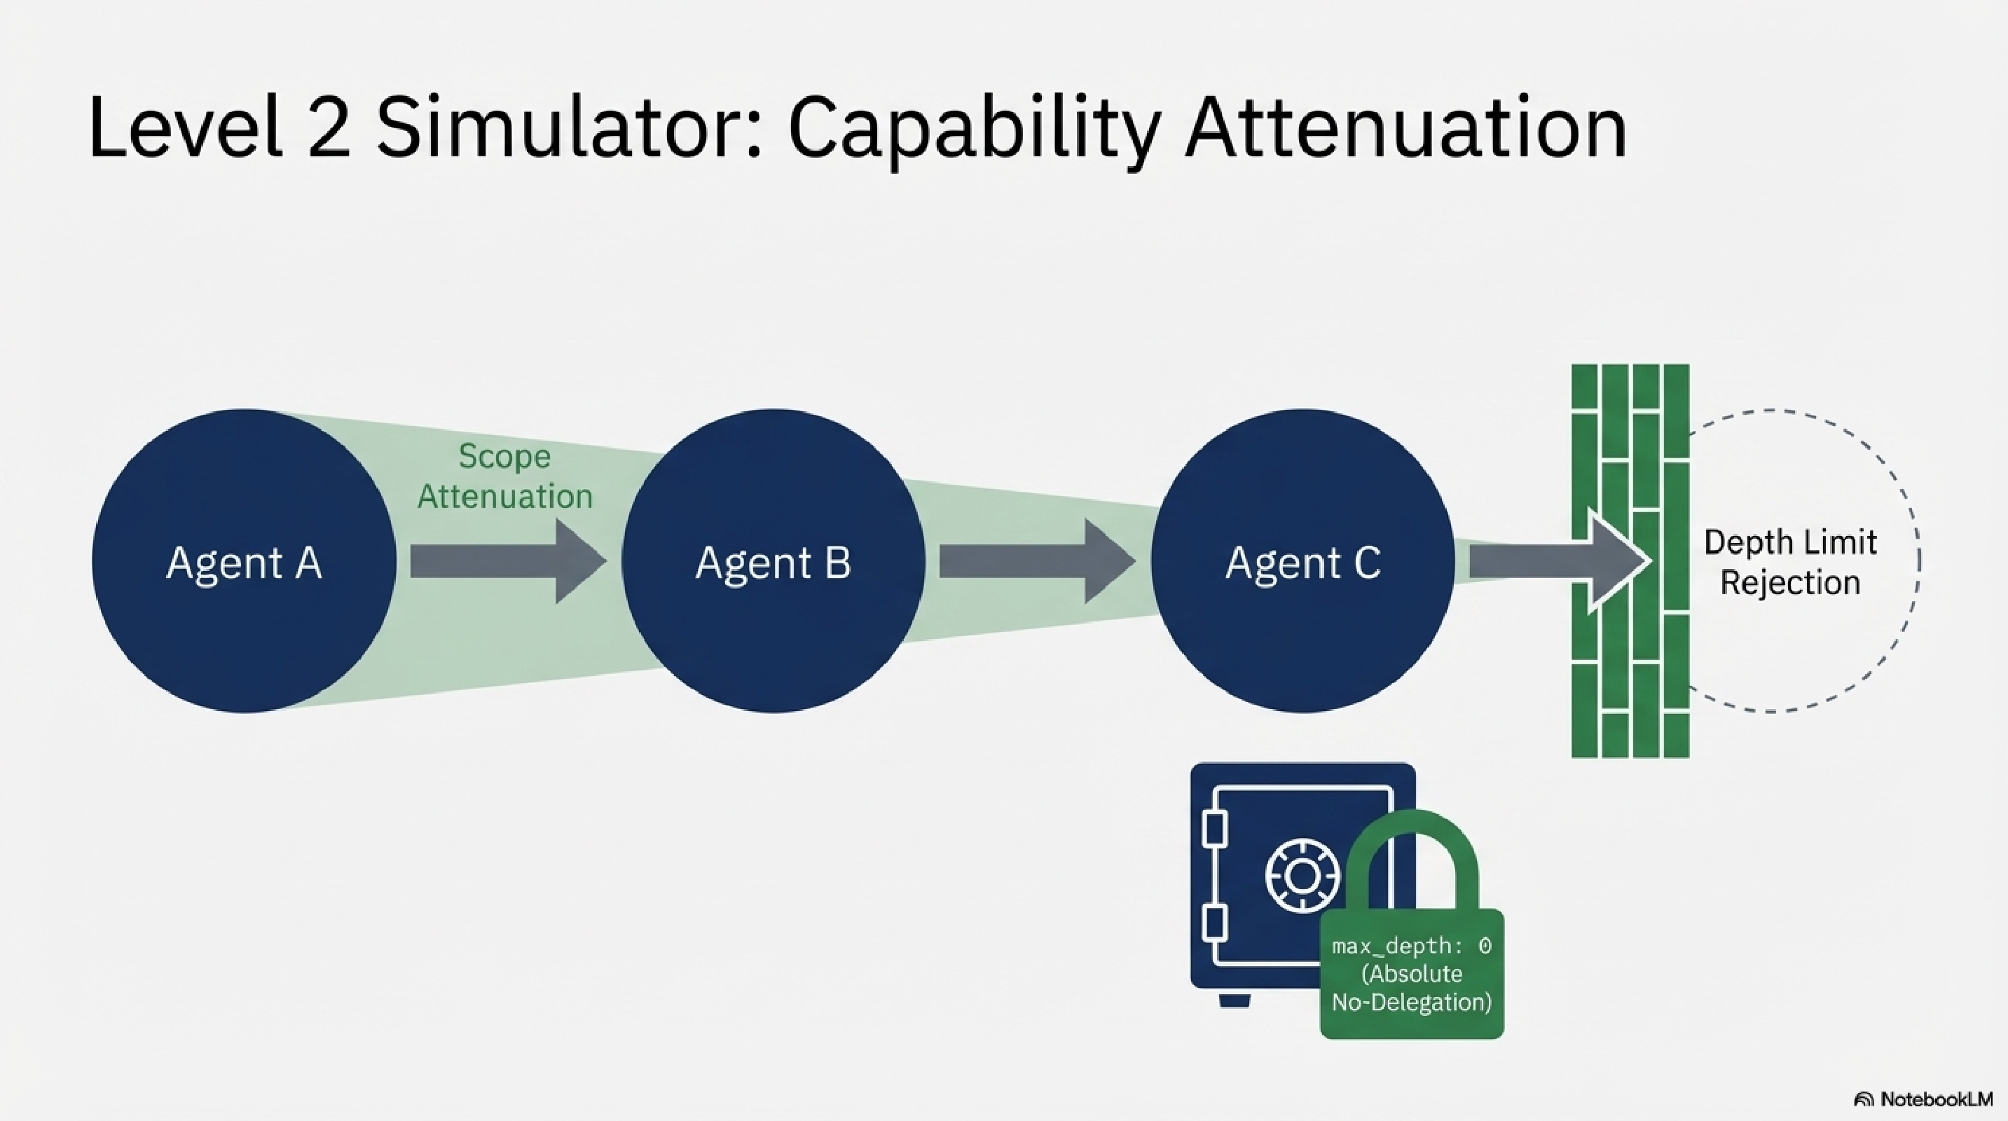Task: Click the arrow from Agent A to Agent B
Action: coord(507,561)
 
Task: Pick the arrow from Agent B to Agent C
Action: coord(1036,561)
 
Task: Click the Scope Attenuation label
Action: coord(504,476)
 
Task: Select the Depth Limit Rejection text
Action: coord(1789,562)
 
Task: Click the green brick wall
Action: coord(1629,686)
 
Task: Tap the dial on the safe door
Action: coord(1300,876)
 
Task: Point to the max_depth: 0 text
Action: coord(1411,947)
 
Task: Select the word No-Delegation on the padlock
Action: coord(1411,1002)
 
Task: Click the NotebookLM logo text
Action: coord(1937,1099)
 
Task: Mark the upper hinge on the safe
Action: coord(1214,830)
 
